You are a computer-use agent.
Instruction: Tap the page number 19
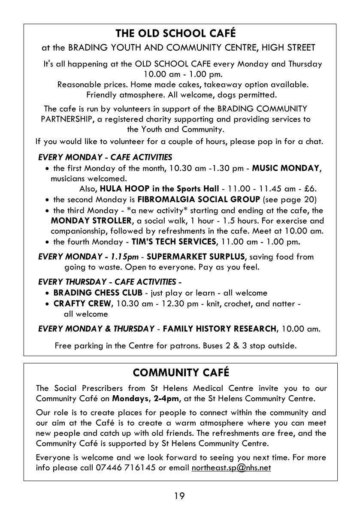tap(179, 496)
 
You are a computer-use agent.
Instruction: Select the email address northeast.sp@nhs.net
tap(231, 467)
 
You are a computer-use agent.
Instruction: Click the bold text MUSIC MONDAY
tap(286, 168)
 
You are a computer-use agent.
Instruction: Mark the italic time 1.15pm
tap(124, 257)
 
